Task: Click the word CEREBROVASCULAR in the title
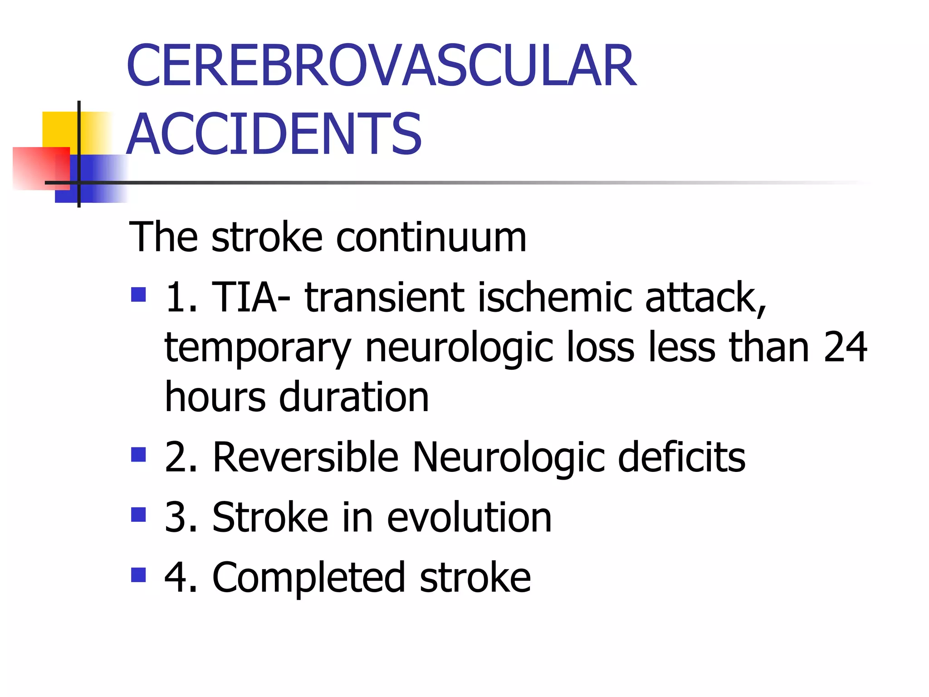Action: [x=381, y=66]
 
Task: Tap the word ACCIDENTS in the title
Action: [x=274, y=134]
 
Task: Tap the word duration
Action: [x=354, y=397]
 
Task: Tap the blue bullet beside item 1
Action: [x=138, y=295]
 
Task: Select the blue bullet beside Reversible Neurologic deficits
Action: [x=138, y=454]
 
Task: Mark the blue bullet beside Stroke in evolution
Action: [x=138, y=515]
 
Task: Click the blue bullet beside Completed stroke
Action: [x=138, y=575]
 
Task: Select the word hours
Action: [x=215, y=397]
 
